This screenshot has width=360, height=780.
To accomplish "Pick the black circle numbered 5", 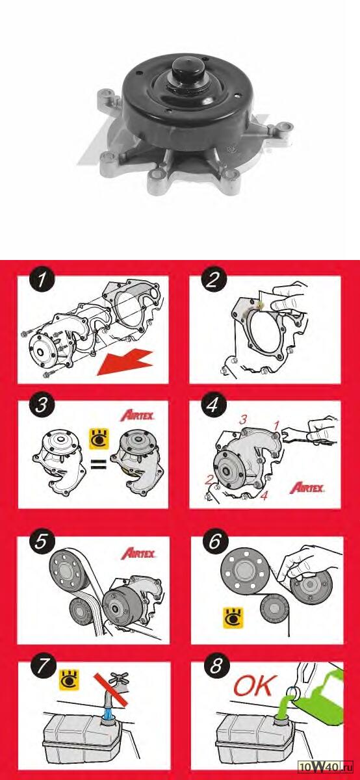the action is click(x=41, y=542).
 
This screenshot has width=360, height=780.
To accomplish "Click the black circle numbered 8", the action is click(x=216, y=666).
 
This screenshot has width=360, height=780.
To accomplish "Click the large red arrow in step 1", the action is click(x=125, y=363).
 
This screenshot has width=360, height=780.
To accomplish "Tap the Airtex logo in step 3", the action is click(x=138, y=415).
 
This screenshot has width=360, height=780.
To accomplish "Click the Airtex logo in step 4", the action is click(x=307, y=487).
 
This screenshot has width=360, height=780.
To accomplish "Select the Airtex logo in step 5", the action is click(x=138, y=553).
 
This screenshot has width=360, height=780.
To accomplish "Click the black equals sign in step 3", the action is click(x=98, y=464).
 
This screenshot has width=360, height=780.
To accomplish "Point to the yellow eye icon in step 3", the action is click(x=99, y=439).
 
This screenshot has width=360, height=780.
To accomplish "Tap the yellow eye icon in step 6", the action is click(x=233, y=617).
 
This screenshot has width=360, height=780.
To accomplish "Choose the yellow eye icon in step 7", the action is click(x=70, y=680).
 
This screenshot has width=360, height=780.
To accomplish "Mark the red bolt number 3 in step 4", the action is click(x=242, y=420).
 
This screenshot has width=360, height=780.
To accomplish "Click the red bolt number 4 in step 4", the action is click(x=264, y=495).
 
